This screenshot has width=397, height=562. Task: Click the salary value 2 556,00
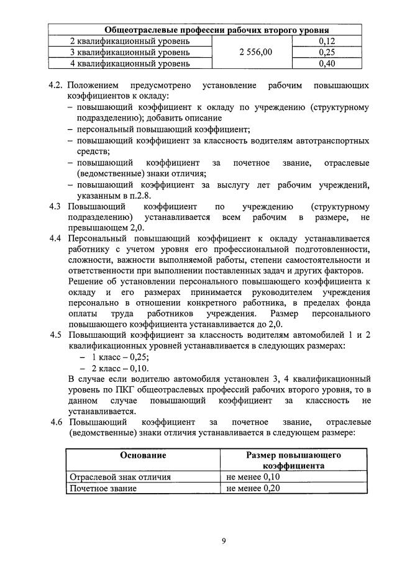(x=255, y=52)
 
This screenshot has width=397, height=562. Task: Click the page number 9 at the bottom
(x=224, y=540)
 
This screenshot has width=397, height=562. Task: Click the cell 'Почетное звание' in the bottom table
(x=103, y=488)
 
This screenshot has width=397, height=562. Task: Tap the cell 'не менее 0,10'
(x=254, y=477)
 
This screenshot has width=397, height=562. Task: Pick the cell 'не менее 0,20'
(x=254, y=488)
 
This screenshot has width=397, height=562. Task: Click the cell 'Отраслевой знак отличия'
(x=119, y=477)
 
